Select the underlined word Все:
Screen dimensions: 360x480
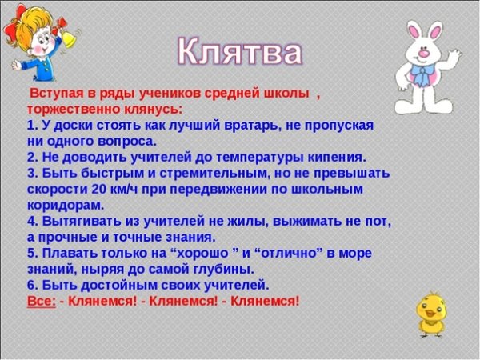point(42,301)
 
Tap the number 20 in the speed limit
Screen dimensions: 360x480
point(98,189)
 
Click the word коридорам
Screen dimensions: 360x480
point(64,205)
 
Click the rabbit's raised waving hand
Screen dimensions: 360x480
point(454,60)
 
